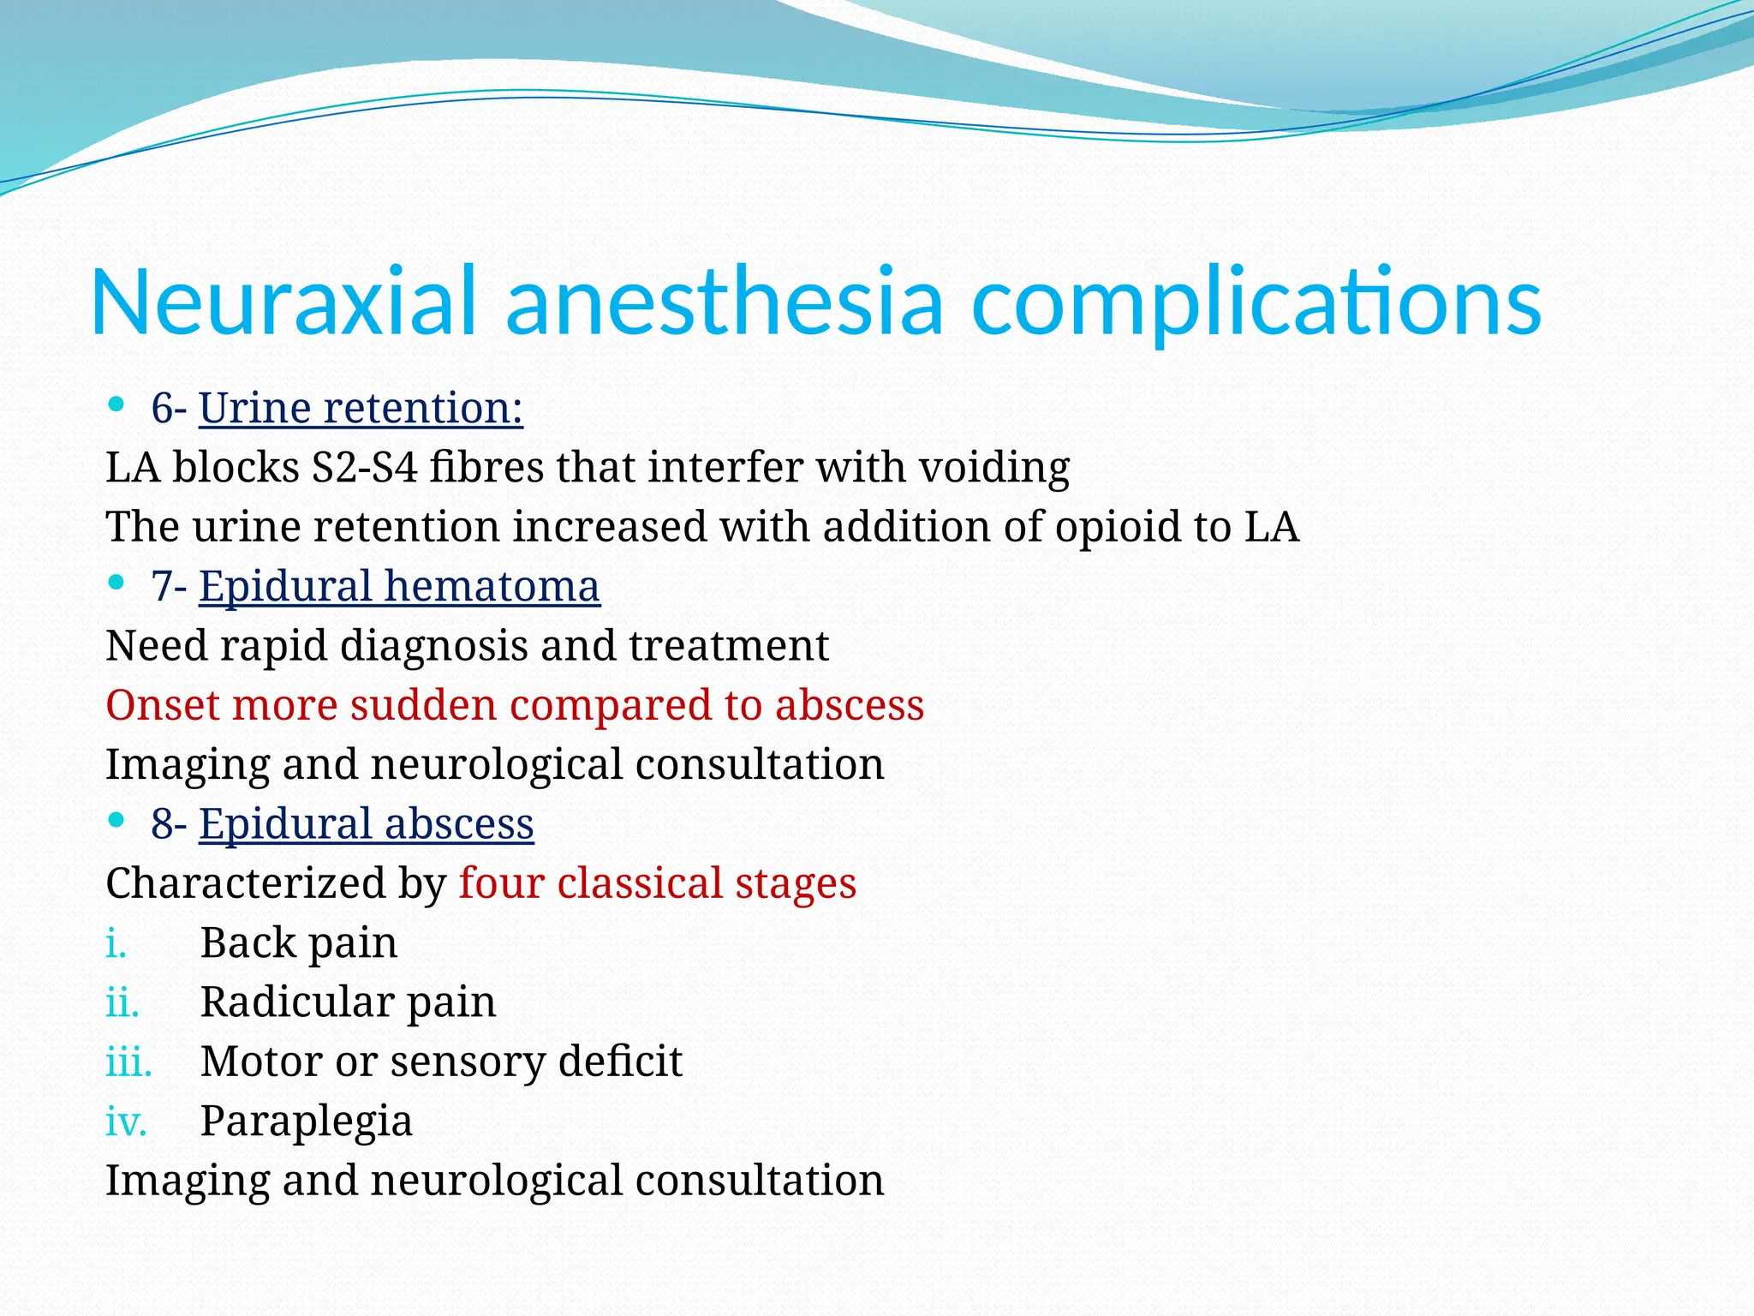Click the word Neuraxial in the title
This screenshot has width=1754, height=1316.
coord(283,302)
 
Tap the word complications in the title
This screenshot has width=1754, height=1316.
coord(1256,302)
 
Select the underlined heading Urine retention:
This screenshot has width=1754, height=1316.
coord(361,408)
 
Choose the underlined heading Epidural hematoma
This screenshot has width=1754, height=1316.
coord(399,587)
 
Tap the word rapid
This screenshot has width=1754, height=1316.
coord(273,646)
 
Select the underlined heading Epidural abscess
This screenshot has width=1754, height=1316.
coord(367,824)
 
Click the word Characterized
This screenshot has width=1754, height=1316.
coord(245,883)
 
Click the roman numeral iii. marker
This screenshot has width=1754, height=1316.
coord(128,1062)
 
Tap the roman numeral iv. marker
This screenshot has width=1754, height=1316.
coord(126,1122)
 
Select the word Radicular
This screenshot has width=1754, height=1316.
coord(295,1002)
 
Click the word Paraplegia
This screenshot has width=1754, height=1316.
coord(307,1122)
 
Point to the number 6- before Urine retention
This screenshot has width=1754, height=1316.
coord(169,408)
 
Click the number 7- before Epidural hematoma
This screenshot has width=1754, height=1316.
coord(169,587)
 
